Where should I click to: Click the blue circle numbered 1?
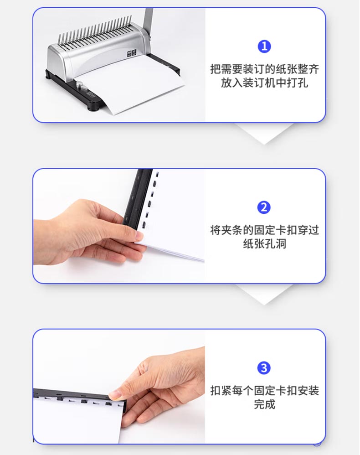[264, 47]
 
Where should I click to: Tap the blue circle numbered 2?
[264, 207]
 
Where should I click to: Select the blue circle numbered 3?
[264, 368]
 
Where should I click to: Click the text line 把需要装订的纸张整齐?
[264, 69]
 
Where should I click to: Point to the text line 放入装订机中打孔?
[264, 83]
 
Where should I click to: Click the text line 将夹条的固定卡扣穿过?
[264, 230]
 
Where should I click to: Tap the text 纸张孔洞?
[264, 244]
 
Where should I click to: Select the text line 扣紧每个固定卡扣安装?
[264, 390]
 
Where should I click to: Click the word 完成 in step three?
[264, 404]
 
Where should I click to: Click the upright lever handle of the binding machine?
[148, 23]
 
